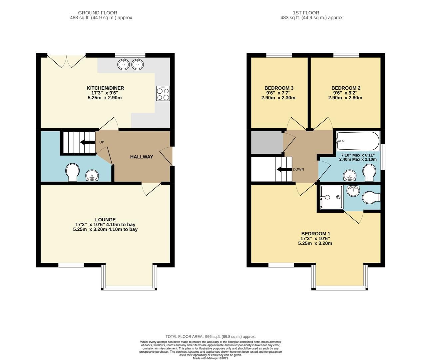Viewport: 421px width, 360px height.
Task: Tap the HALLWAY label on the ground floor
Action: pyautogui.click(x=142, y=157)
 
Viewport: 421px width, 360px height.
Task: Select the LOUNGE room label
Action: pyautogui.click(x=105, y=220)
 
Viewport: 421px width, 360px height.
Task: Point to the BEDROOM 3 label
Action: pyautogui.click(x=279, y=88)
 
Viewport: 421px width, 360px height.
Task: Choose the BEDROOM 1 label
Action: pyautogui.click(x=315, y=234)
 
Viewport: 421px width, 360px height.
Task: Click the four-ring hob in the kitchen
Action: pyautogui.click(x=163, y=93)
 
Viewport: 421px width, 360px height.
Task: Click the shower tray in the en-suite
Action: pyautogui.click(x=331, y=197)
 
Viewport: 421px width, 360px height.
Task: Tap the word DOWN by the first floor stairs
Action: pyautogui.click(x=298, y=169)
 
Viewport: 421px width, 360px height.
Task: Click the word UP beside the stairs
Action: pyautogui.click(x=102, y=142)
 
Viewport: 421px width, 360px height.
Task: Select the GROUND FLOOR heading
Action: pyautogui.click(x=98, y=13)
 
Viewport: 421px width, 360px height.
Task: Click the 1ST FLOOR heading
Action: pyautogui.click(x=301, y=13)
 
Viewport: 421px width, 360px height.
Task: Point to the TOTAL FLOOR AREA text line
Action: pyautogui.click(x=210, y=337)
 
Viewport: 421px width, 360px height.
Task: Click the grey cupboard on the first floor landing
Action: pyautogui.click(x=266, y=142)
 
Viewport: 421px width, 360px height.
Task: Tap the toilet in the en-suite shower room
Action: pyautogui.click(x=371, y=197)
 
